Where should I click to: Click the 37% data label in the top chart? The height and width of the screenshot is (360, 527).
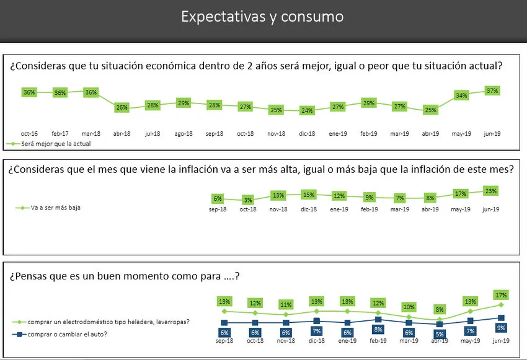[x=492, y=90]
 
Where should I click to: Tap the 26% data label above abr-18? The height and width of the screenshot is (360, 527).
[x=122, y=107]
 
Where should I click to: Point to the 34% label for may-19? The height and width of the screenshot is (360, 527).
[x=461, y=95]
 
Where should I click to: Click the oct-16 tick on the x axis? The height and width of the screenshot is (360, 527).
[x=29, y=133]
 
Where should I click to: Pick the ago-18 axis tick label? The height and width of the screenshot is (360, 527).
[x=183, y=133]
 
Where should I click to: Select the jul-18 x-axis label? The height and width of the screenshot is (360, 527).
[x=152, y=133]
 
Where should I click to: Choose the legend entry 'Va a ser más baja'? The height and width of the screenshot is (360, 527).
[x=55, y=208]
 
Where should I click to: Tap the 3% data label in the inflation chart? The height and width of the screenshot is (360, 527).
[x=247, y=200]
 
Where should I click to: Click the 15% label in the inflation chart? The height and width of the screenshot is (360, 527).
[x=308, y=195]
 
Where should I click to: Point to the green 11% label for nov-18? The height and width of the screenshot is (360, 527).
[x=286, y=304]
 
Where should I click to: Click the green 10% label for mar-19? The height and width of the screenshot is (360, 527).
[x=409, y=306]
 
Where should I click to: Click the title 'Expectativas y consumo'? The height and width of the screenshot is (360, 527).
[x=262, y=16]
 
